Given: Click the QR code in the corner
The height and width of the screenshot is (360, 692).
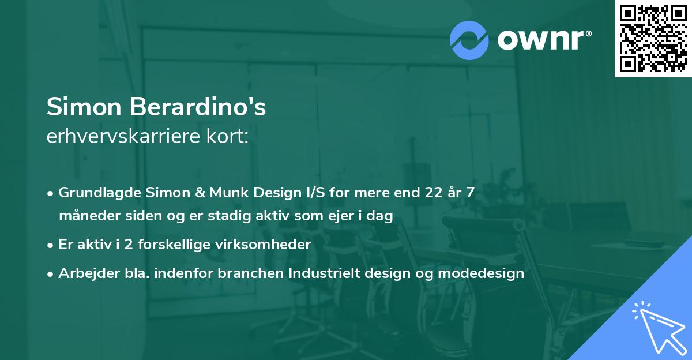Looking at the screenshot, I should [x=653, y=39].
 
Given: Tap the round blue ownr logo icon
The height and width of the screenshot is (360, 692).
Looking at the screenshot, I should [x=469, y=40].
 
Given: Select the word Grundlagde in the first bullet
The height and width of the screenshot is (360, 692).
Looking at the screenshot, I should [x=93, y=192].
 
